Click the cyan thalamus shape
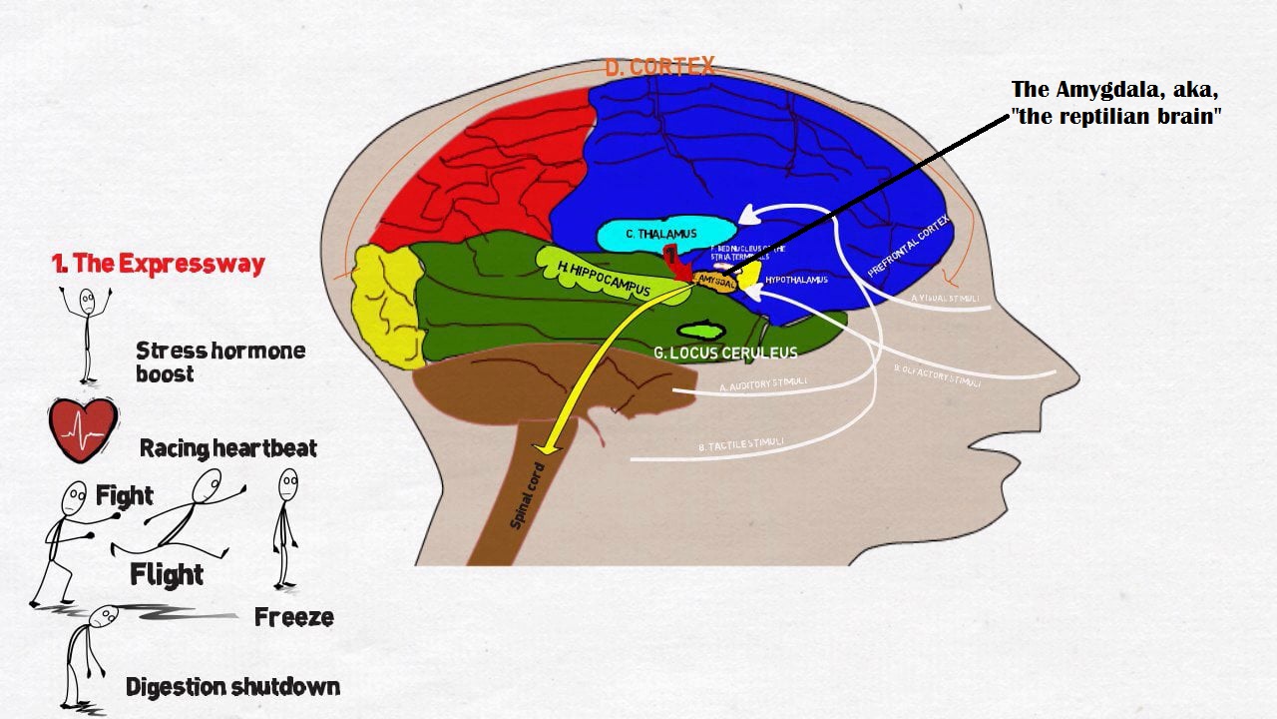coord(648,234)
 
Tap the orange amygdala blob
coord(715,282)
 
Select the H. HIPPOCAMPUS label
coord(605,279)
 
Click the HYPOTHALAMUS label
coord(796,280)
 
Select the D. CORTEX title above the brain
coord(659,67)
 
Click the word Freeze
coord(293,617)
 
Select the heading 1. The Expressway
coord(158,264)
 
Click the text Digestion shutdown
coord(232,687)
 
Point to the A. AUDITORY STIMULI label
coord(764,384)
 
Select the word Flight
coord(167,574)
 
